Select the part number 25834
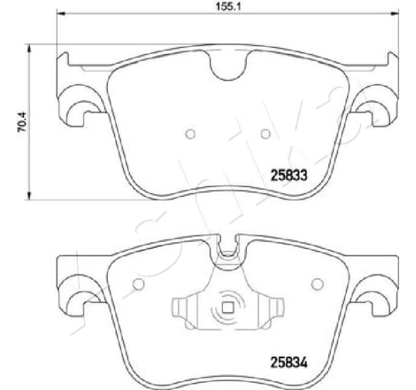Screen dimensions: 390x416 (x=288, y=363)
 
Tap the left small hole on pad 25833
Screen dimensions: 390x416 (x=190, y=134)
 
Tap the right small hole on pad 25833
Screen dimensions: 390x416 (x=265, y=134)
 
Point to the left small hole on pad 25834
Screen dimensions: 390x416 (x=138, y=284)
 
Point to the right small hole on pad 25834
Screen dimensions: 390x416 (x=317, y=284)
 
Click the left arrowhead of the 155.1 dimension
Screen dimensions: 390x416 (x=61, y=12)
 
